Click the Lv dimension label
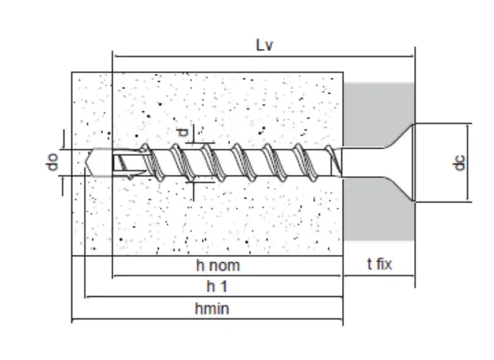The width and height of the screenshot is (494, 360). [264, 45]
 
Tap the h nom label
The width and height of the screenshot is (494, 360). [218, 266]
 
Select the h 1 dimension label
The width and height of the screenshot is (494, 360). [217, 287]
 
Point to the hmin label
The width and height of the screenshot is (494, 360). [212, 309]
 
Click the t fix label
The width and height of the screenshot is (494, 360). [379, 264]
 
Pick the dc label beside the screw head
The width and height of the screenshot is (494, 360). [460, 162]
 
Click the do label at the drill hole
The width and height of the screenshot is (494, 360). [53, 162]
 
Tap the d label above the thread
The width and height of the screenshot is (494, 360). [182, 132]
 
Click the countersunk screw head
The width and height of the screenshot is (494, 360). [400, 162]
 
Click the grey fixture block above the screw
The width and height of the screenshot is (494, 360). [378, 115]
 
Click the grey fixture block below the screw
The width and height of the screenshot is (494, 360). [378, 209]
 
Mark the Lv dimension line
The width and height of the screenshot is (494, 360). [263, 56]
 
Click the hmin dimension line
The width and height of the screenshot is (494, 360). [207, 319]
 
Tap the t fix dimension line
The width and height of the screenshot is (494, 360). [379, 276]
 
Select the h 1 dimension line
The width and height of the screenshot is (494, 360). [214, 297]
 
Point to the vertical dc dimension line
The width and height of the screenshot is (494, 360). [468, 162]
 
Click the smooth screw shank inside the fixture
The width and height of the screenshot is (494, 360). [362, 163]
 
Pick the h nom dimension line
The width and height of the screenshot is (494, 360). [227, 276]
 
